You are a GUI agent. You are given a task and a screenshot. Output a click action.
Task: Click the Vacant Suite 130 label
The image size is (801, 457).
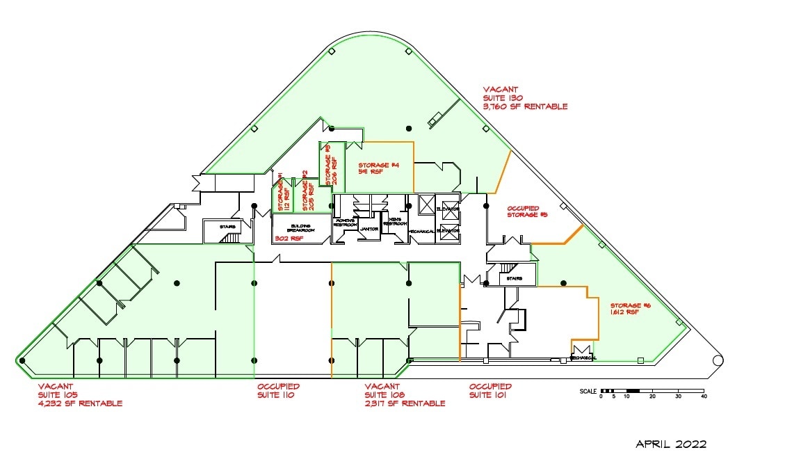click(x=525, y=98)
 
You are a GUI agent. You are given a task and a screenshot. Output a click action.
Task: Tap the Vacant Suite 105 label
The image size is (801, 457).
click(x=80, y=394)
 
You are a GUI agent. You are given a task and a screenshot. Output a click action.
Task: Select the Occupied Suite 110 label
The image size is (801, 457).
click(x=278, y=390)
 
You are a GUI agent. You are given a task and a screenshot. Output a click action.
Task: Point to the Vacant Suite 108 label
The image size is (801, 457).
click(x=405, y=394)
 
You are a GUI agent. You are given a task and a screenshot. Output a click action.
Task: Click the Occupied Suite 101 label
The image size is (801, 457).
click(x=490, y=390)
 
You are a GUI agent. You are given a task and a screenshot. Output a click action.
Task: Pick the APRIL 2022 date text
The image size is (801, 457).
click(x=671, y=444)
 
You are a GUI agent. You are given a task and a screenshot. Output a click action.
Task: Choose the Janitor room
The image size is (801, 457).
click(x=369, y=229)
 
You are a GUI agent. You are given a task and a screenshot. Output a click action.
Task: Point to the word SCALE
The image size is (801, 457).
click(x=589, y=392)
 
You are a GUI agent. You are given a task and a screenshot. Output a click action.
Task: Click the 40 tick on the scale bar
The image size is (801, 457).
click(x=703, y=396)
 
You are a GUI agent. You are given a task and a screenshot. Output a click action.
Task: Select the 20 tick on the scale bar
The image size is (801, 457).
click(x=652, y=396)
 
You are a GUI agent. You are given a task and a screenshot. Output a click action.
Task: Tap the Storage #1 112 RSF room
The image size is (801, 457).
click(x=281, y=196)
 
